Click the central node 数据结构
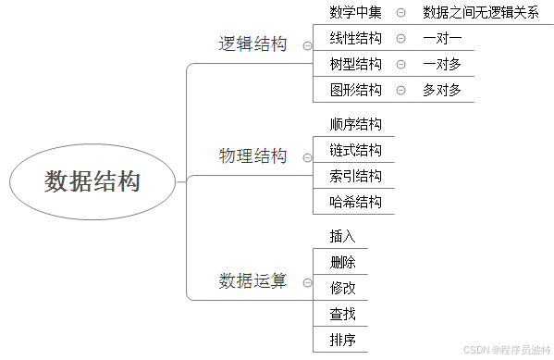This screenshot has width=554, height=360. (x=92, y=181)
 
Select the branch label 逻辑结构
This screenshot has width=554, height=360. (x=252, y=44)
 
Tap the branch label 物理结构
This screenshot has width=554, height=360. (x=252, y=156)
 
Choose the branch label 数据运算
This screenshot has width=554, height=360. (x=252, y=280)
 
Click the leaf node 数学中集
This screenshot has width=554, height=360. (x=355, y=12)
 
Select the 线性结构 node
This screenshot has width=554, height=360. (x=355, y=38)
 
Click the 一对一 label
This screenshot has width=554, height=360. (x=442, y=38)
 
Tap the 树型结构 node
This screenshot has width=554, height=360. (x=355, y=64)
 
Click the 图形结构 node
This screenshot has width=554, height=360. (x=355, y=90)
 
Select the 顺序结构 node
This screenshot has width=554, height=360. (x=355, y=124)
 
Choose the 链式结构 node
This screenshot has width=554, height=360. (x=355, y=150)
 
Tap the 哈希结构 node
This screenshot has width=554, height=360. (x=355, y=202)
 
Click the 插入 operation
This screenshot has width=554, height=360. (x=342, y=236)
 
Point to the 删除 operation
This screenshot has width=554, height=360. (x=342, y=262)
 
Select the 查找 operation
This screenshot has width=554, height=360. (x=342, y=314)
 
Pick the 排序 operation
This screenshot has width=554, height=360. (x=342, y=340)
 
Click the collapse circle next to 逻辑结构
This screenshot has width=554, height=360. (x=306, y=45)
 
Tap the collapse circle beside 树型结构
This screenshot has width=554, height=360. (x=400, y=64)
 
